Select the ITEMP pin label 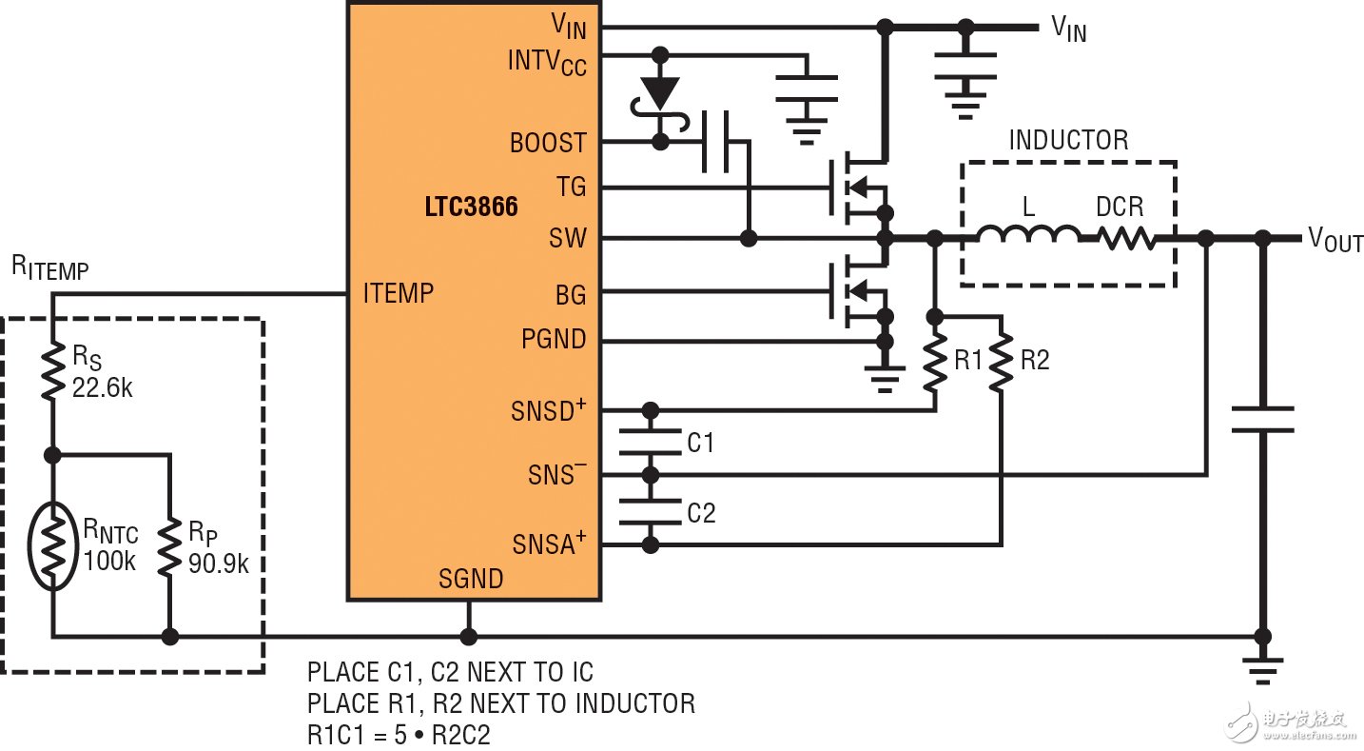pos(398,293)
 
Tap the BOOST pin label pos(548,143)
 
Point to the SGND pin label pos(471,578)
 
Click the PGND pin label pos(554,339)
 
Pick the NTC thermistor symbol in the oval pos(53,547)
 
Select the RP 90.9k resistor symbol pos(170,547)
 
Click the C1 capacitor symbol pos(651,443)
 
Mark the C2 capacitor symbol pos(651,512)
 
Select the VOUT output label pos(1335,240)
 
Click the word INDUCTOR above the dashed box pos(1068,141)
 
